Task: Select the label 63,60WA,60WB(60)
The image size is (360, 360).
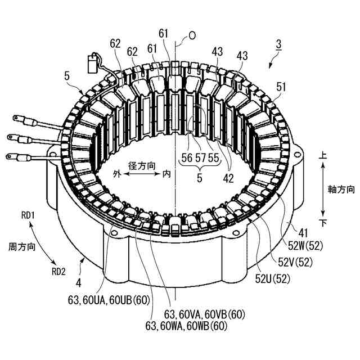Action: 186,325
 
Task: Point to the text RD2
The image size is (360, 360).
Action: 59,271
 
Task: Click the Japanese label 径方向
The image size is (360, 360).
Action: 142,166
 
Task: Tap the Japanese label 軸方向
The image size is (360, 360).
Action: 342,190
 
